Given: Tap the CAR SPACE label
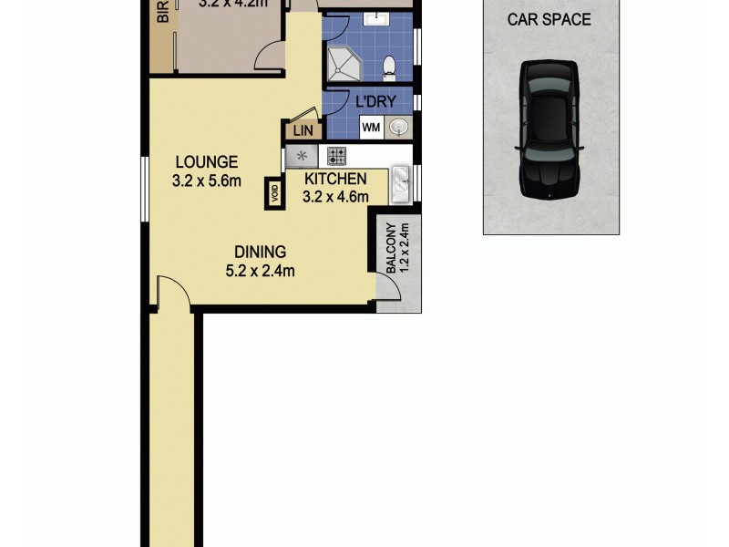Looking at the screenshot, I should click(549, 19).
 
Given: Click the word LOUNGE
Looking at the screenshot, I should click(206, 162).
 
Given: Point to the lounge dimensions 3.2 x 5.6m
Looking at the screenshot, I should click(206, 181).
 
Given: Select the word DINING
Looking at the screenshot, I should click(260, 252).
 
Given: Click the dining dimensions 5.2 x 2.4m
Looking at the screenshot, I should click(260, 270).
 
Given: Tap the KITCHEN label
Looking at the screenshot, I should click(335, 179).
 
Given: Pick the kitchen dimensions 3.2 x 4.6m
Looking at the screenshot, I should click(335, 196).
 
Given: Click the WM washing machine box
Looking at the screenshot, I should click(371, 128).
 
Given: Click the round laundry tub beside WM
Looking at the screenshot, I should click(398, 128).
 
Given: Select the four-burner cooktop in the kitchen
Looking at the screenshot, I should click(336, 156).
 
